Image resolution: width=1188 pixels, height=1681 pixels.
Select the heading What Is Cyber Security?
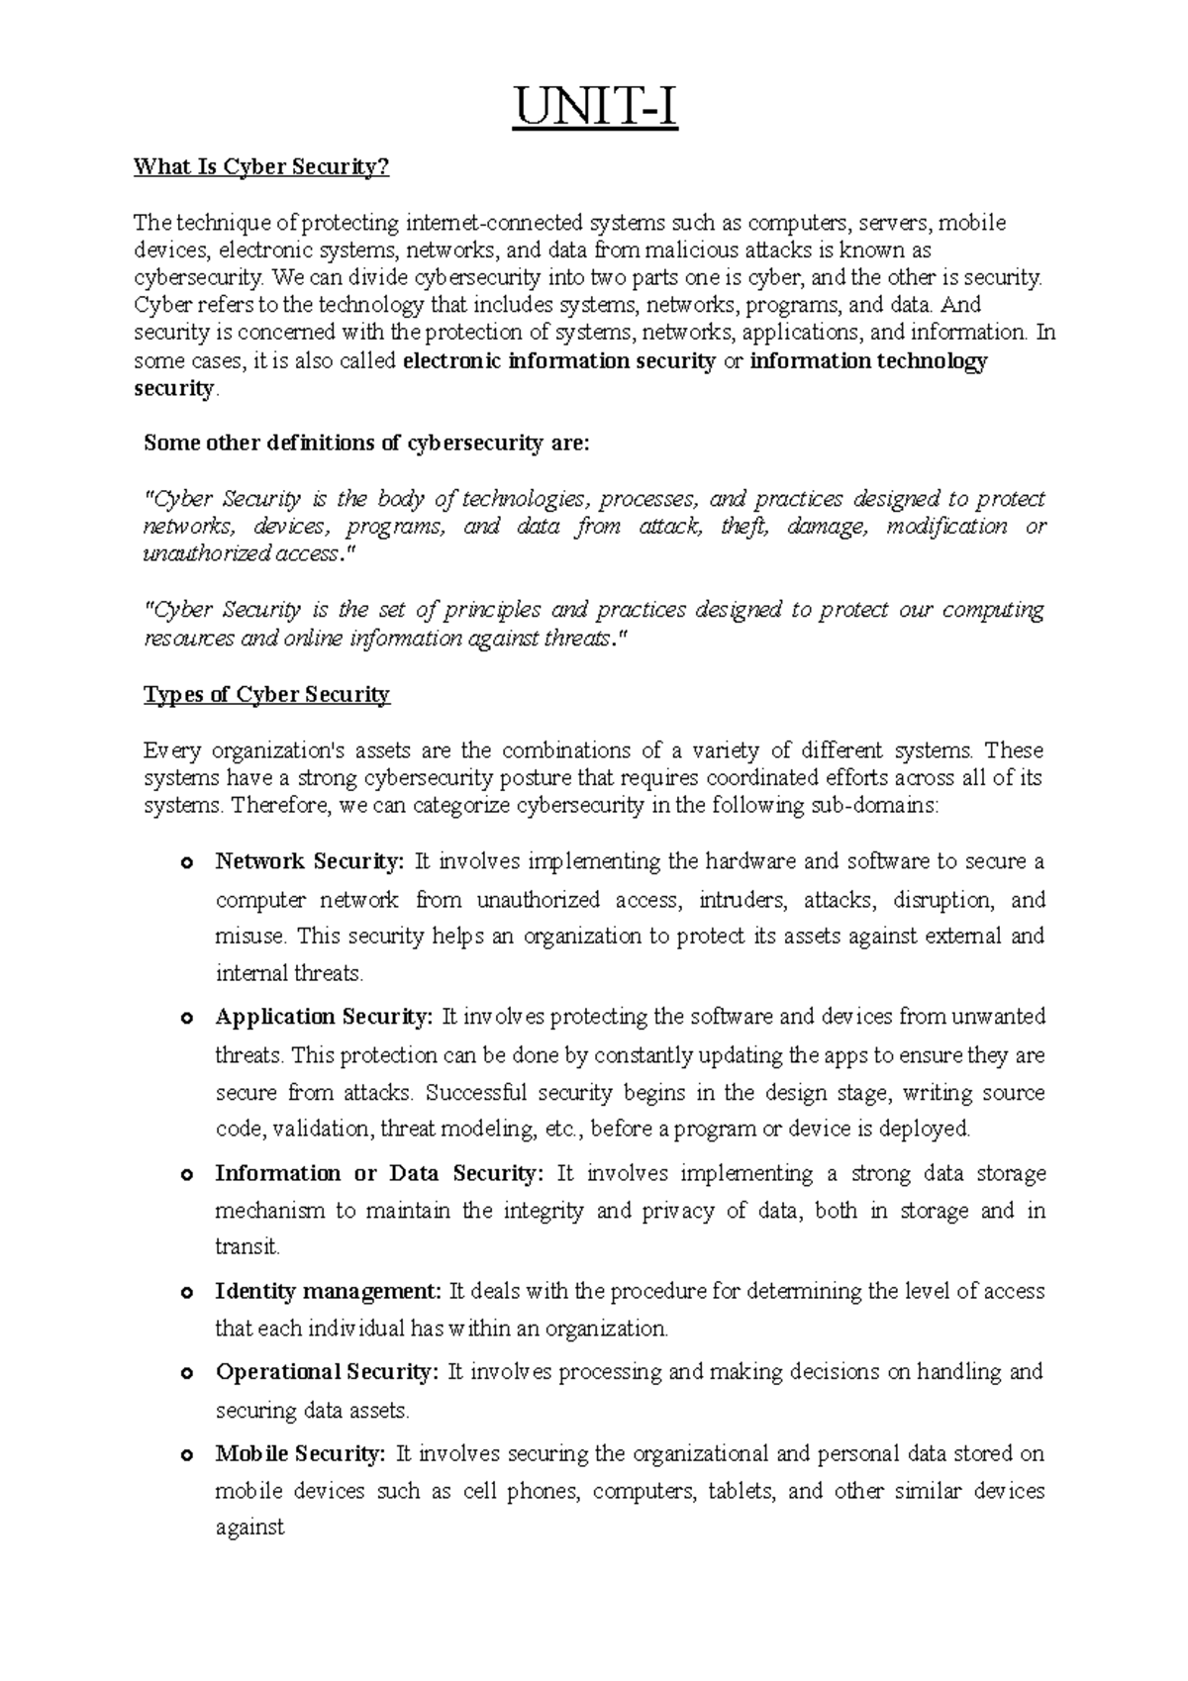(x=262, y=167)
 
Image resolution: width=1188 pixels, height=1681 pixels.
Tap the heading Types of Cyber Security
(x=267, y=695)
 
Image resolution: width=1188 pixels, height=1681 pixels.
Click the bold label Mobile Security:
(x=299, y=1454)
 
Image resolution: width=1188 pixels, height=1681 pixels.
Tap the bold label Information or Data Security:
(x=379, y=1173)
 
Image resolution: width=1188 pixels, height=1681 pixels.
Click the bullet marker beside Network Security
(x=185, y=863)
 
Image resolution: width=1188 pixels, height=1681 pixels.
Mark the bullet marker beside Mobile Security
(x=185, y=1456)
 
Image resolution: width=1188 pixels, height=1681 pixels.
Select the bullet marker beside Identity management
(x=185, y=1293)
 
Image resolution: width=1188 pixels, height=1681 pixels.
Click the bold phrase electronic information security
(x=559, y=361)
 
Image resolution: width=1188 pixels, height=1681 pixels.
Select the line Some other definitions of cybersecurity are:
(x=366, y=444)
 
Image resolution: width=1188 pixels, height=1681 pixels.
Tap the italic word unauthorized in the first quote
(x=207, y=554)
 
